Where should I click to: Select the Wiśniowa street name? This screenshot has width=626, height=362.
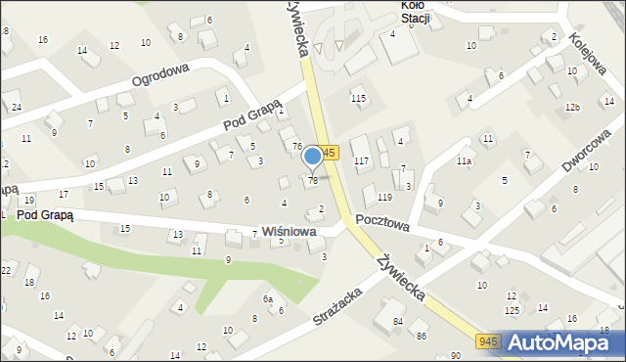point(288,232)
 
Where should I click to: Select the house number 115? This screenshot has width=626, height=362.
point(359,99)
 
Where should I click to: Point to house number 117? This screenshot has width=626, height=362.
point(361,160)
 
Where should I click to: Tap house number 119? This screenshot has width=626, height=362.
point(371,199)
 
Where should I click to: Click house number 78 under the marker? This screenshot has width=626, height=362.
point(313,181)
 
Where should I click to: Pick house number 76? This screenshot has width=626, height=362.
point(296,146)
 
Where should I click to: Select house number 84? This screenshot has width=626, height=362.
point(398,322)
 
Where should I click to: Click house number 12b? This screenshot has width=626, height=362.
point(573,107)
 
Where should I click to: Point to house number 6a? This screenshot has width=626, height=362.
point(266,298)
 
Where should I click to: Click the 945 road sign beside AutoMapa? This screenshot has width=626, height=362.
point(491,340)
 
